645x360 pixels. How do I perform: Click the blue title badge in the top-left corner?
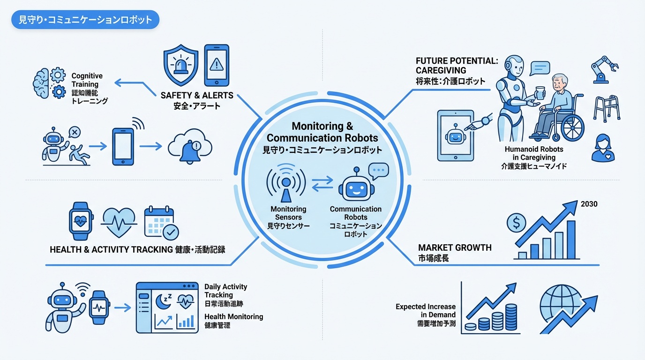pos(85,20)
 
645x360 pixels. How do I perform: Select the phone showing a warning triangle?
pos(217,65)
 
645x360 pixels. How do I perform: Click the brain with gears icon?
pos(50,83)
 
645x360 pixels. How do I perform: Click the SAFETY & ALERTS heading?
pos(197,95)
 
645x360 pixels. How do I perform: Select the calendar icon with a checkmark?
pos(161,222)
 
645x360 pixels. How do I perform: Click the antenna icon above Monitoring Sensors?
pos(285,183)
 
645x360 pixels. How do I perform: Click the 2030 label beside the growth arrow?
pos(589,204)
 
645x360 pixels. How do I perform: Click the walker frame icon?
pos(607,108)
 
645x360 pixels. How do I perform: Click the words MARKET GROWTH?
pos(455,247)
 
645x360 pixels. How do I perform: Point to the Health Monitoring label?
pos(233,317)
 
